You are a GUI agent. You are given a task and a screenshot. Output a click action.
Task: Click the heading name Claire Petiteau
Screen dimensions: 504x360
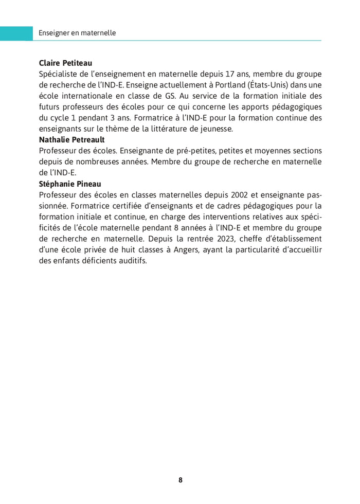[65, 63]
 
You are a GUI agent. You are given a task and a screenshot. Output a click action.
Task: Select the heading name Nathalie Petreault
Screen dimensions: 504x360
[71, 139]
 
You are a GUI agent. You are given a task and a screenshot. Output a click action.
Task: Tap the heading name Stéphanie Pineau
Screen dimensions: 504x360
[70, 184]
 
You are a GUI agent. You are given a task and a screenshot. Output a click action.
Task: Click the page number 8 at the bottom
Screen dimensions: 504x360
[180, 480]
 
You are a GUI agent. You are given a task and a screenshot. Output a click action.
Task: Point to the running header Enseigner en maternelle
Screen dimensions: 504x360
[77, 33]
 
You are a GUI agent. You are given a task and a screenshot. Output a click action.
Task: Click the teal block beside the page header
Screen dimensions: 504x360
[16, 33]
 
